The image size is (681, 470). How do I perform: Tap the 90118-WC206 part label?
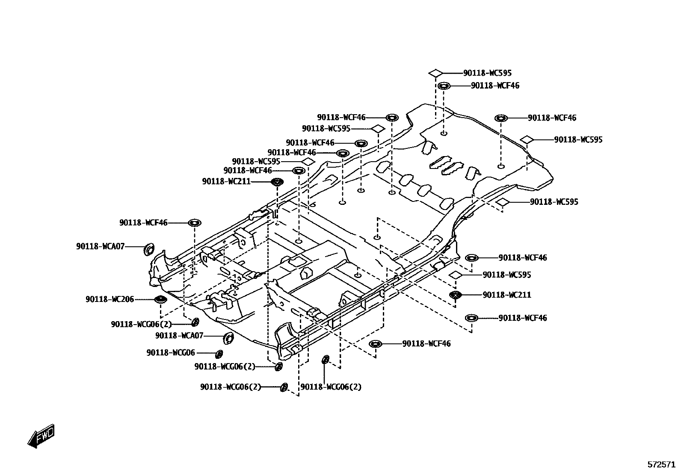(110, 299)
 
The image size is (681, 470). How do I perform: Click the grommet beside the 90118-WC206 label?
(160, 299)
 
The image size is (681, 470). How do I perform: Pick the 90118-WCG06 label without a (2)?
(170, 353)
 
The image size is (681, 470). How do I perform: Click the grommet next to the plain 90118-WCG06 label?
(219, 354)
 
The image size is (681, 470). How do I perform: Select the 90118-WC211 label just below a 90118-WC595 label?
(506, 295)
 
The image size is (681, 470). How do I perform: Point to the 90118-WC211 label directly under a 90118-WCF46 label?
(226, 182)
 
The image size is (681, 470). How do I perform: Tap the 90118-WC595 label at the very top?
(487, 73)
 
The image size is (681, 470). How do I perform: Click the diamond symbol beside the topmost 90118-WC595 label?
(435, 73)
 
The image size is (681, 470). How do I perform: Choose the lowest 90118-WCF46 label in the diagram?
(426, 343)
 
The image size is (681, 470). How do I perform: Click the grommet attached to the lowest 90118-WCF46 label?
(376, 344)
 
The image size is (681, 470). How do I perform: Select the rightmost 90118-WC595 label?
(578, 139)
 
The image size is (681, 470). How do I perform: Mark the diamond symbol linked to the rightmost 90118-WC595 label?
(527, 139)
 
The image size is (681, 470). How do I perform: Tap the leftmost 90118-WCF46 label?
(143, 222)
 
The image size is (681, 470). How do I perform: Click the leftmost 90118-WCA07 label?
(101, 246)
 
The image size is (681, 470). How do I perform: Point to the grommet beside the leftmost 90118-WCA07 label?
(148, 249)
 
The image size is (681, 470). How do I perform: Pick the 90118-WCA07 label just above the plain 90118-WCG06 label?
(179, 336)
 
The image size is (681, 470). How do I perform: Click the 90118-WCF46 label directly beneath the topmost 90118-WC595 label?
(495, 86)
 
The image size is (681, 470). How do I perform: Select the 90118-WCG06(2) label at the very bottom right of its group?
(331, 387)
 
